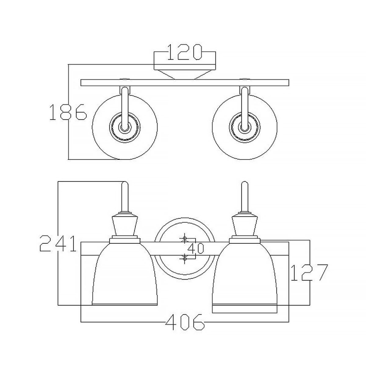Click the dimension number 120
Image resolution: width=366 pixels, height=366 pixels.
coord(185,53)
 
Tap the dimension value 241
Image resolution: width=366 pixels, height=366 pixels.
coord(58,243)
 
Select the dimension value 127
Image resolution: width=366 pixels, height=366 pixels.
coord(309,273)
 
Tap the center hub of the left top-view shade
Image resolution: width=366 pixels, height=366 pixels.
coord(124,126)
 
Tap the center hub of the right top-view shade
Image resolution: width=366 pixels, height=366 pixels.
coord(244,126)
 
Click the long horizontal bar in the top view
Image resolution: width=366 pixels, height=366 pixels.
coord(185,82)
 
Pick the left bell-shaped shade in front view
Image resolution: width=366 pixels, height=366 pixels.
coord(124,274)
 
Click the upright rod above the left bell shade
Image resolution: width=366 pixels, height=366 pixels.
coord(125,196)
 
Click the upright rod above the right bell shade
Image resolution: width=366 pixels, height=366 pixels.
coord(244,196)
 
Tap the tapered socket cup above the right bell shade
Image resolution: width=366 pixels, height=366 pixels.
coord(245,226)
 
